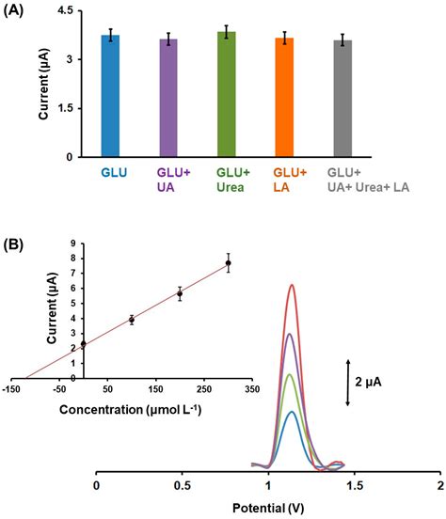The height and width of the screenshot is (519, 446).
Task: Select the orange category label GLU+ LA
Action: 283,181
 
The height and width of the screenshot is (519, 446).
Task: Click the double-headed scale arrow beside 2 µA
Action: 348,382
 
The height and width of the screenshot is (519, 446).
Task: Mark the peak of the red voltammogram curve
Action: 293,285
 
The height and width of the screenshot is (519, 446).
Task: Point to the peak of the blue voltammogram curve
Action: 293,412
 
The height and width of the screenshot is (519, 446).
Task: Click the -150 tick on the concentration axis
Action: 10,387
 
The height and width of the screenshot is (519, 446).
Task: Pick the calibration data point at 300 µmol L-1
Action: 228,263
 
